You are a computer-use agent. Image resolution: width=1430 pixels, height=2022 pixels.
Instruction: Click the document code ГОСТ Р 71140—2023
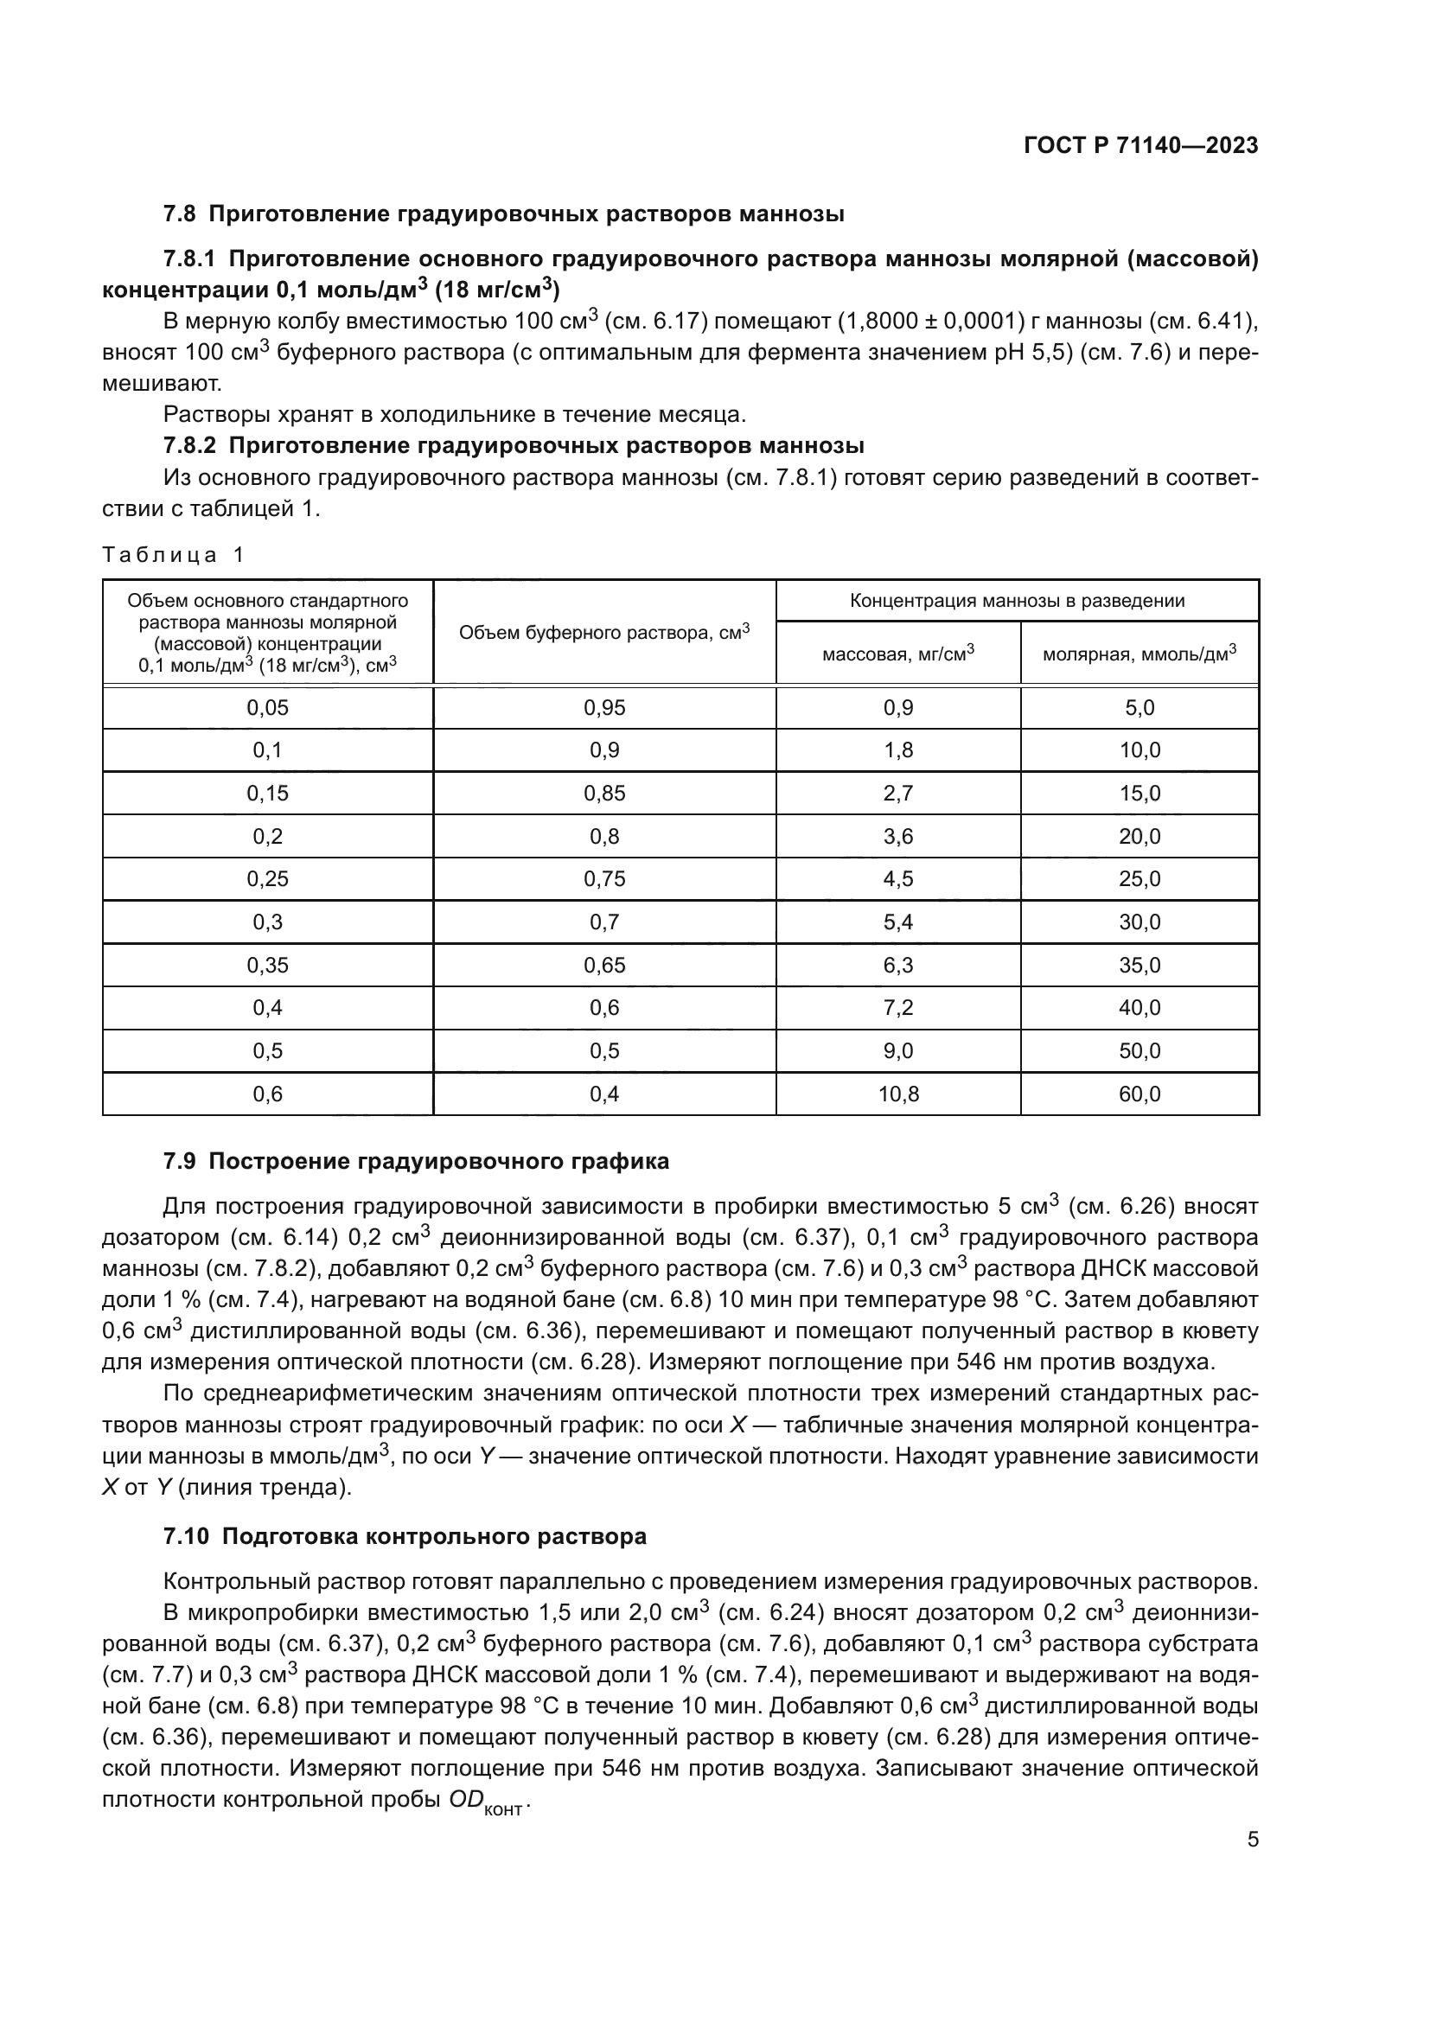(x=1140, y=145)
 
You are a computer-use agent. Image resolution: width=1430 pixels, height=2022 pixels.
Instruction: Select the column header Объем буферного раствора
(x=604, y=631)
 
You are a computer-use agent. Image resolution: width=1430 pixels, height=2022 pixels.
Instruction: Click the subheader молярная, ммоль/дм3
(x=1139, y=654)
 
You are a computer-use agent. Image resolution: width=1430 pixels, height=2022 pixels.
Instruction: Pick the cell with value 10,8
(x=897, y=1094)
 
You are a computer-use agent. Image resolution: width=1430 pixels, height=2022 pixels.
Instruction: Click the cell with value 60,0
(x=1140, y=1094)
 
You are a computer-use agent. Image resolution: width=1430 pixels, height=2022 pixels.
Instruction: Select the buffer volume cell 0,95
(x=604, y=708)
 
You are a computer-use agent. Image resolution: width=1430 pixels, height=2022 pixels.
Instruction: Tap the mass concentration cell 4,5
(x=897, y=879)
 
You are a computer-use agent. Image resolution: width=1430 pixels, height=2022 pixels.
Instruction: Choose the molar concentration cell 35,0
(x=1140, y=966)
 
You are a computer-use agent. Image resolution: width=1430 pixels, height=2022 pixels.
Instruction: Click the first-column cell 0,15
(x=267, y=794)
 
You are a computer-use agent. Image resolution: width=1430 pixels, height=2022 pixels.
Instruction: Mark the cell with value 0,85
(x=604, y=794)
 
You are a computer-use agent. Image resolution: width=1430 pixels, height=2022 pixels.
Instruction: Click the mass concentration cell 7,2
(x=897, y=1007)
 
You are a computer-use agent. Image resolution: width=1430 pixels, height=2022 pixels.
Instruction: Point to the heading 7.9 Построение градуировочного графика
(x=416, y=1162)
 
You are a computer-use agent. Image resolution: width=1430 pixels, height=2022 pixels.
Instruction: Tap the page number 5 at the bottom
(x=1252, y=1839)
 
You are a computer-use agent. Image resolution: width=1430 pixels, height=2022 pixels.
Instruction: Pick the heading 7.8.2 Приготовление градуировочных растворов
(x=514, y=445)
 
